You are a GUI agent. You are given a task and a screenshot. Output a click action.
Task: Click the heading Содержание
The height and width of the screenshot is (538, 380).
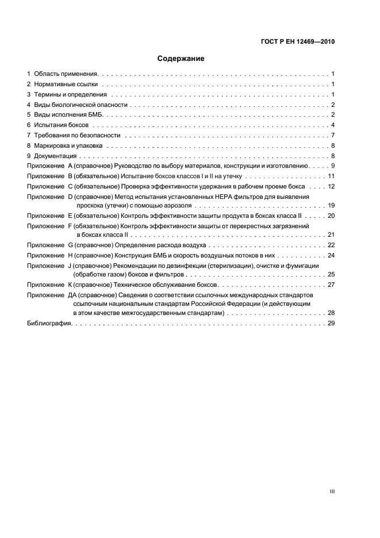pyautogui.click(x=181, y=59)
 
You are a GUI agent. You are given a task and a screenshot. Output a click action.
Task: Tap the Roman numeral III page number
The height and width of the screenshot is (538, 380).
pyautogui.click(x=332, y=491)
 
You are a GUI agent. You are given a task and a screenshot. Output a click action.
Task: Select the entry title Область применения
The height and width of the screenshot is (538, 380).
pyautogui.click(x=66, y=74)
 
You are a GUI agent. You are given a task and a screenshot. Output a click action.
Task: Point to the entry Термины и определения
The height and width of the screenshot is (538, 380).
pyautogui.click(x=71, y=94)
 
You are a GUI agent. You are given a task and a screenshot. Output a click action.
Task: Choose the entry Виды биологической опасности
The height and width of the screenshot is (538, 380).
pyautogui.click(x=80, y=105)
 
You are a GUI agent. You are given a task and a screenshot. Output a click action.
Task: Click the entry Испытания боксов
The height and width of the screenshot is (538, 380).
pyautogui.click(x=62, y=125)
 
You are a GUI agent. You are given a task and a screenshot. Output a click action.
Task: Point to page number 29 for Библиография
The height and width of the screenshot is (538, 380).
pyautogui.click(x=331, y=324)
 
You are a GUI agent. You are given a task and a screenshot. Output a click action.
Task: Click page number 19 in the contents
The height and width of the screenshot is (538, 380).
pyautogui.click(x=331, y=205)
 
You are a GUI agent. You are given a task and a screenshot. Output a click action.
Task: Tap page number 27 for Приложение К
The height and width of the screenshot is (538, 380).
pyautogui.click(x=331, y=285)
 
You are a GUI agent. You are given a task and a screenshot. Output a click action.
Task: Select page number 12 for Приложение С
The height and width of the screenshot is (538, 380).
pyautogui.click(x=331, y=186)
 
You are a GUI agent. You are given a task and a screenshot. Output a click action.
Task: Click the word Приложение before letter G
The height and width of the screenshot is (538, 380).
pyautogui.click(x=45, y=245)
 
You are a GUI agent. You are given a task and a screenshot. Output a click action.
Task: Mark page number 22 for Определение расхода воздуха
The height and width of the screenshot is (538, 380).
pyautogui.click(x=331, y=245)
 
